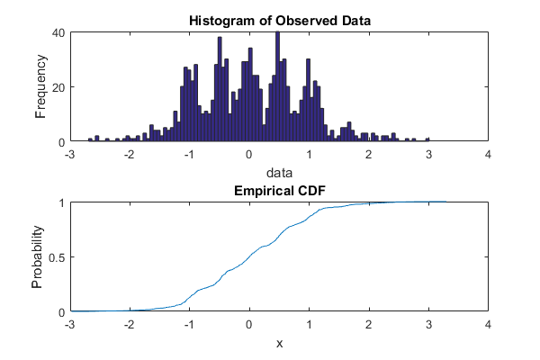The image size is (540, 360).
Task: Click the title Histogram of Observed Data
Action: (279, 21)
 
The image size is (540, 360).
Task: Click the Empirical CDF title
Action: (279, 191)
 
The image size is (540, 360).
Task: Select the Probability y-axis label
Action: (38, 257)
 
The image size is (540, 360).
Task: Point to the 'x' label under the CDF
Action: (279, 342)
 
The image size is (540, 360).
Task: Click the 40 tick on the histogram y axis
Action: (58, 32)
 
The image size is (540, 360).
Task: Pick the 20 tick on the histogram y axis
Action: (58, 87)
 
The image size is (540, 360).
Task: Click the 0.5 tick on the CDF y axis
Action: (55, 257)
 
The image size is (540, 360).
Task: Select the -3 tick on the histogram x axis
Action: (69, 153)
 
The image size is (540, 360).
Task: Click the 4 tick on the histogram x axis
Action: (489, 153)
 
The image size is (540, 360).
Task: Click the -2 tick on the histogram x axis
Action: (129, 153)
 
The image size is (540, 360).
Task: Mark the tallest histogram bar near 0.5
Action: (277, 87)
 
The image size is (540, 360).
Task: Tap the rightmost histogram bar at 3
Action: (428, 139)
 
